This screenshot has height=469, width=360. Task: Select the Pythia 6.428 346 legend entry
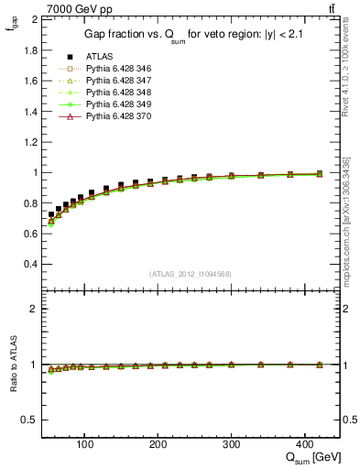point(113,69)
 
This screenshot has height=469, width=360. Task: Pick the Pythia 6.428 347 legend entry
point(113,81)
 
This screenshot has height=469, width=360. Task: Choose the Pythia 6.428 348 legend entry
point(113,93)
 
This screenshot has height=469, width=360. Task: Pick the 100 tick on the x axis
point(85,444)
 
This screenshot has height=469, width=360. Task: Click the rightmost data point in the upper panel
point(319,173)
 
